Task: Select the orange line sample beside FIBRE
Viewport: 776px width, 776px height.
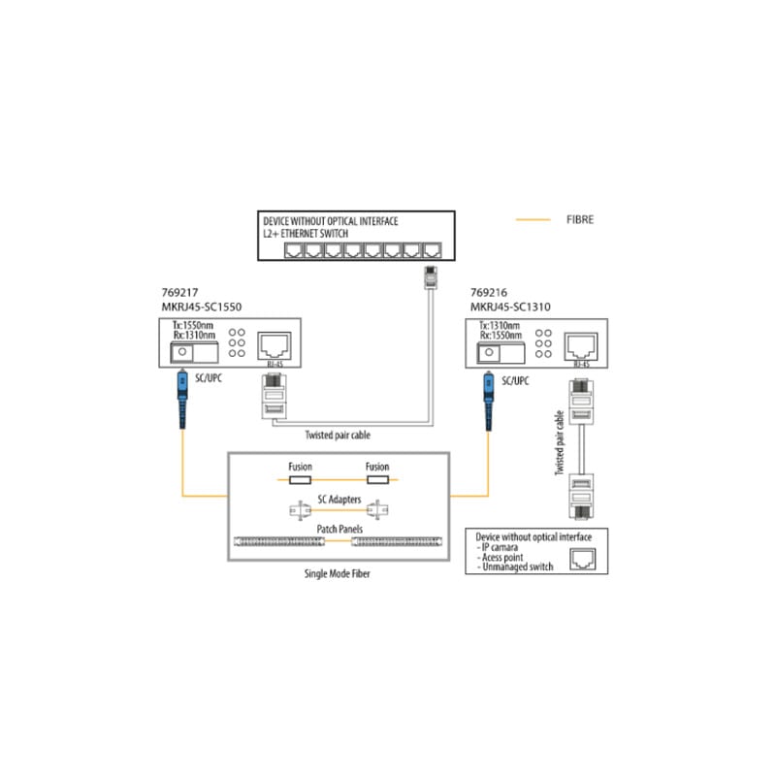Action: (x=533, y=220)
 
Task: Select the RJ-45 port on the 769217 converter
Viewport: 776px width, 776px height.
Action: (x=271, y=343)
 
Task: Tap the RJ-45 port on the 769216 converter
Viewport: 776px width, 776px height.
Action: (x=582, y=343)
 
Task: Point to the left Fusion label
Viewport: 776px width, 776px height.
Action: (x=300, y=468)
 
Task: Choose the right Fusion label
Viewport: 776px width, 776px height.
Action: (x=376, y=468)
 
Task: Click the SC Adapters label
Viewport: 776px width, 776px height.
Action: (x=339, y=499)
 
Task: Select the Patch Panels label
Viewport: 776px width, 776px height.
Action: (x=339, y=528)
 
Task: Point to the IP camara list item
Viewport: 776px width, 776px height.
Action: (x=504, y=547)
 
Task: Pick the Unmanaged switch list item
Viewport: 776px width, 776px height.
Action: (x=517, y=567)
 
